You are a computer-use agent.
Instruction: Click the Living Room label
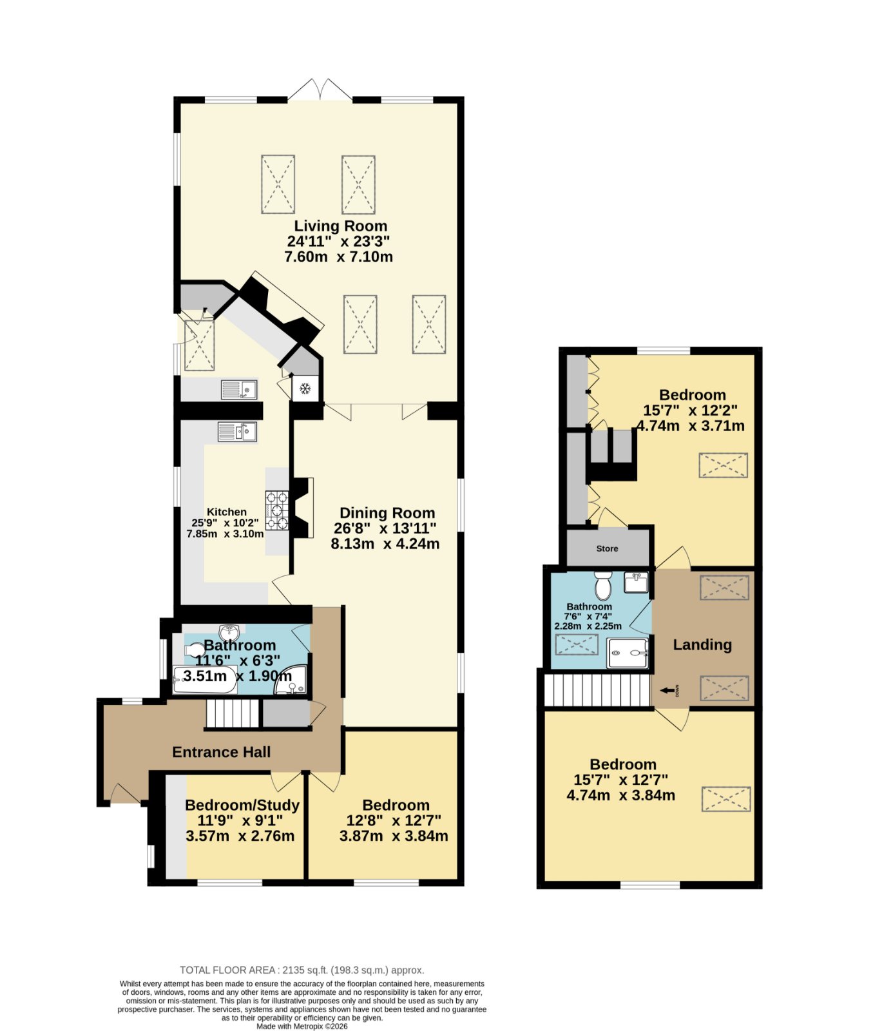pyautogui.click(x=341, y=226)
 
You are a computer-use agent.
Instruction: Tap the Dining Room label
pyautogui.click(x=387, y=513)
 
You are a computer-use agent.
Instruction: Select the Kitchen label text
pyautogui.click(x=226, y=512)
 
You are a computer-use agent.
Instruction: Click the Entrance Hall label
pyautogui.click(x=221, y=752)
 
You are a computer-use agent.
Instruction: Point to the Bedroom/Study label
pyautogui.click(x=242, y=805)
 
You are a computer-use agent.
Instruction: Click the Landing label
pyautogui.click(x=702, y=645)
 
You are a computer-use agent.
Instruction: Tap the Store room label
pyautogui.click(x=607, y=548)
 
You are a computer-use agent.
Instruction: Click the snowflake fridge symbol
pyautogui.click(x=305, y=389)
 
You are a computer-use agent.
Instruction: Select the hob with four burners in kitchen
pyautogui.click(x=277, y=511)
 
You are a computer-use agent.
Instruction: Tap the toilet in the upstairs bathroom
pyautogui.click(x=603, y=586)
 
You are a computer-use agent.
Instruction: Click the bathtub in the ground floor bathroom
pyautogui.click(x=205, y=680)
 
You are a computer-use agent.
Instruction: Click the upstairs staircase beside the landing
pyautogui.click(x=597, y=689)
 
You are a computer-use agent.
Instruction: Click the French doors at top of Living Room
pyautogui.click(x=320, y=90)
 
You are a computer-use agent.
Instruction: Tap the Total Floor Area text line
pyautogui.click(x=302, y=970)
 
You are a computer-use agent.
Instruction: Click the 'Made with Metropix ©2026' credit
pyautogui.click(x=302, y=1026)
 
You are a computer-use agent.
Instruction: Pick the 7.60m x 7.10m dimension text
pyautogui.click(x=339, y=256)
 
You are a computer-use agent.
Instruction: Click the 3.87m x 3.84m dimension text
pyautogui.click(x=394, y=836)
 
